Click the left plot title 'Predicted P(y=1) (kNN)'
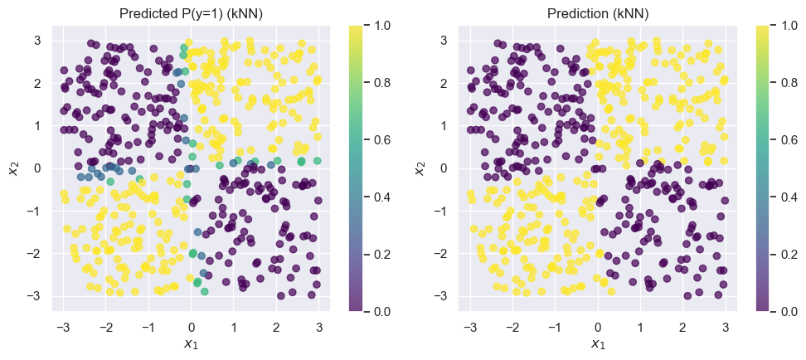(191, 14)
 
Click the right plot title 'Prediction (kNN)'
(597, 14)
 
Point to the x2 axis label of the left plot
(13, 168)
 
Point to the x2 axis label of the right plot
(420, 168)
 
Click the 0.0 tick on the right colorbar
(787, 311)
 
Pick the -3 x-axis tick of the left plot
(62, 324)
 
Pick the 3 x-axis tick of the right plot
(726, 324)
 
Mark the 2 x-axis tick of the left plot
(277, 324)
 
